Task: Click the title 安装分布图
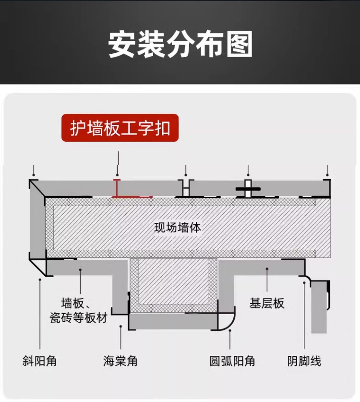point(180,44)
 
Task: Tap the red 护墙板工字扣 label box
point(120,128)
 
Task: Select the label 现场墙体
point(178,227)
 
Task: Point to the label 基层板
point(267,303)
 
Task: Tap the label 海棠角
point(120,361)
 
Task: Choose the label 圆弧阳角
point(232,361)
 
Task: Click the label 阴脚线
point(304,361)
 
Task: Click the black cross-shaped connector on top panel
point(248,189)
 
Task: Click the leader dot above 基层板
point(267,270)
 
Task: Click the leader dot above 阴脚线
point(304,283)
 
